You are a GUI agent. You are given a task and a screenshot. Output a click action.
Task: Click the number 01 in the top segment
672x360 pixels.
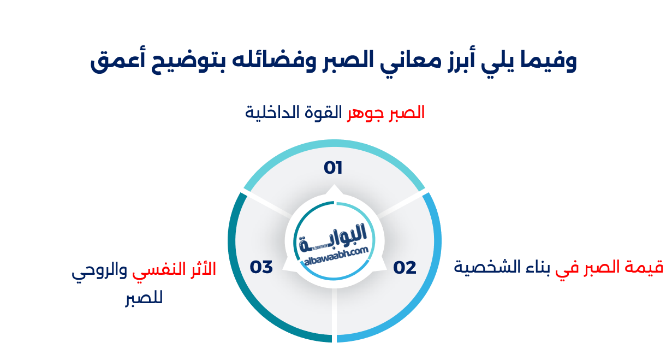333,168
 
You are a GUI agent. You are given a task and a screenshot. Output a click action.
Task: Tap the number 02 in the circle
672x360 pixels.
405,268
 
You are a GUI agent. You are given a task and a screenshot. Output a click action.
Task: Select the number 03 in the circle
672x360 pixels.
261,268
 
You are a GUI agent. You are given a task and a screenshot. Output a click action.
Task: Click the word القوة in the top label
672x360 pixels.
323,113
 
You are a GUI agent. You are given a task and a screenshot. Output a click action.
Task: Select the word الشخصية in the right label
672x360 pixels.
480,268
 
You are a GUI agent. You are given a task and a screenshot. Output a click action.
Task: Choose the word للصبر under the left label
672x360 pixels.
144,299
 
